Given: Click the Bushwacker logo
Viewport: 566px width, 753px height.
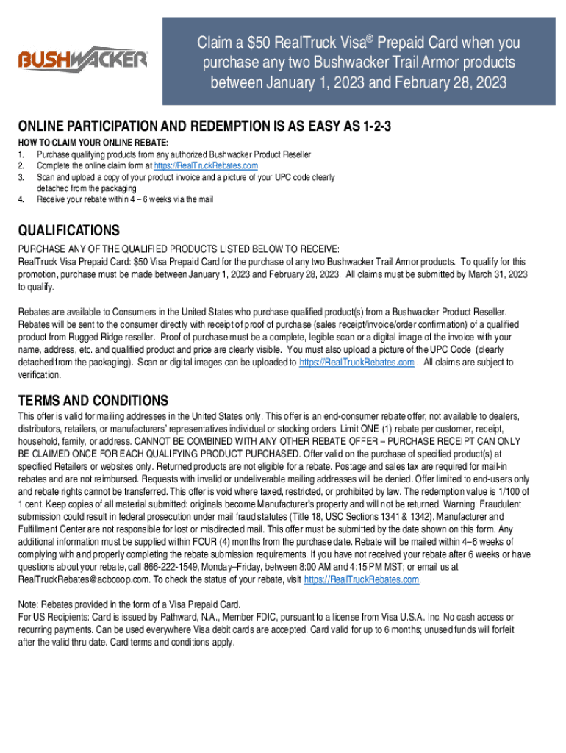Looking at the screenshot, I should [x=83, y=58].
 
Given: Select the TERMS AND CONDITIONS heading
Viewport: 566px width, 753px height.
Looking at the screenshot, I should [x=93, y=401].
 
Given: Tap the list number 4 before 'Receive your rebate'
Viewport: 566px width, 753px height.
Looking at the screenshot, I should [x=21, y=199].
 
